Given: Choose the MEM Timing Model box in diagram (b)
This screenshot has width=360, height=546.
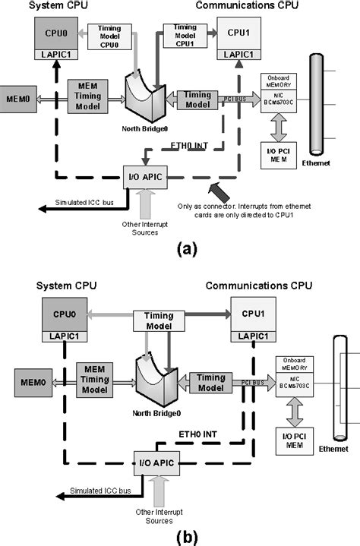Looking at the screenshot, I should (96, 377).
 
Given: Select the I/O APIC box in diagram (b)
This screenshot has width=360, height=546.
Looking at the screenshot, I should (156, 459).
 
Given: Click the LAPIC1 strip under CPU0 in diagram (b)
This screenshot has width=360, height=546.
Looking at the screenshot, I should (65, 336).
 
